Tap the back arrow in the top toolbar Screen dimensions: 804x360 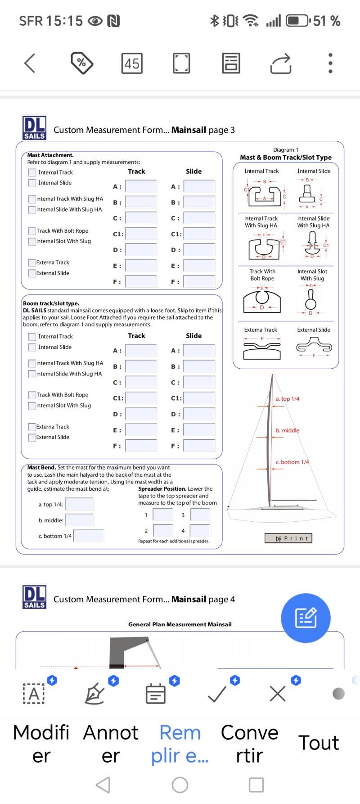point(30,63)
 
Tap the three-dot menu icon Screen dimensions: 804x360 point(330,63)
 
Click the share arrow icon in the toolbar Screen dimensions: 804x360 point(281,63)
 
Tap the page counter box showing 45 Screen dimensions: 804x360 point(132,63)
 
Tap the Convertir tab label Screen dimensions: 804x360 point(249,744)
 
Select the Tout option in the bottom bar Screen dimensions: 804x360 point(319,743)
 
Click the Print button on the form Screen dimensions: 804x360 point(288,538)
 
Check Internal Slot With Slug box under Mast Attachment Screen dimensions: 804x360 point(32,242)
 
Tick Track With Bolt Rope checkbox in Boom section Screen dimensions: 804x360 point(32,395)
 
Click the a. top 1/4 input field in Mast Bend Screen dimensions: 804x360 point(80,504)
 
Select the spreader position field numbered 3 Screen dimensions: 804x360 point(200,515)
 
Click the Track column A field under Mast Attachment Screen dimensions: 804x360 point(141,186)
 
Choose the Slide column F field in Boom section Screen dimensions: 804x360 point(199,446)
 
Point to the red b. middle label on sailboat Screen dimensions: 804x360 point(288,431)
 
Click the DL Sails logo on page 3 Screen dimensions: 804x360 point(34,128)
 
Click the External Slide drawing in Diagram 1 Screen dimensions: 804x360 point(314,347)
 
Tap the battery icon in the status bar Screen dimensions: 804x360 point(298,21)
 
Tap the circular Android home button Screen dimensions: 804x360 point(180,785)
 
